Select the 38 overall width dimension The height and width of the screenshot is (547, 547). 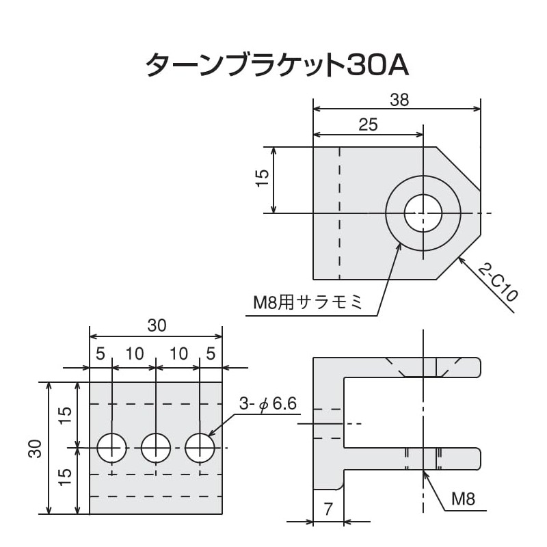(x=399, y=100)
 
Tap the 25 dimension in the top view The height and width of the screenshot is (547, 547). (x=368, y=124)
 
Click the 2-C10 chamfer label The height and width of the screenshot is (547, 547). (x=497, y=282)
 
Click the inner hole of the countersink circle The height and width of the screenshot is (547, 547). (x=423, y=213)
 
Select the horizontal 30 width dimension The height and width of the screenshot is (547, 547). (x=157, y=326)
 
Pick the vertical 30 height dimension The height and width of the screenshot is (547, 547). (x=36, y=448)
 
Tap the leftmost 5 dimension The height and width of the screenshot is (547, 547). (x=100, y=354)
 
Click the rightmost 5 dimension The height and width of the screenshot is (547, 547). (x=210, y=354)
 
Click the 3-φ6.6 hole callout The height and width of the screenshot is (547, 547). (x=267, y=404)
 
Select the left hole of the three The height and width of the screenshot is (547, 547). (x=111, y=448)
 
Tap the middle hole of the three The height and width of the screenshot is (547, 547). (x=156, y=448)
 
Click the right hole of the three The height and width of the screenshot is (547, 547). (x=200, y=448)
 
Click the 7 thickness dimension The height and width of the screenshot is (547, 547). (x=328, y=509)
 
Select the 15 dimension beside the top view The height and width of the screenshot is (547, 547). (x=261, y=179)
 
